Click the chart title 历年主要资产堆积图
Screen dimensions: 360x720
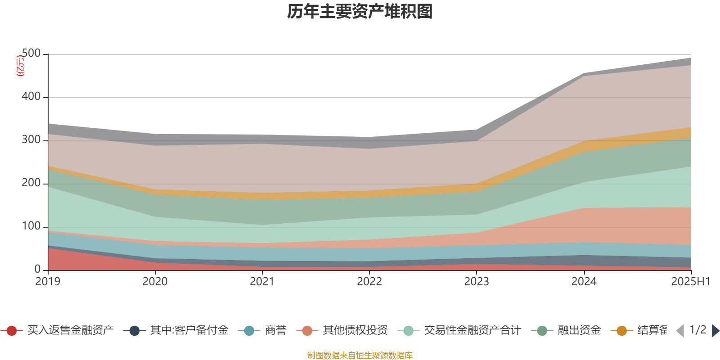pyautogui.click(x=360, y=12)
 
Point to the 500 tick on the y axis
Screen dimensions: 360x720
pyautogui.click(x=31, y=54)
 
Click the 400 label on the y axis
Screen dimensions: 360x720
pyautogui.click(x=31, y=97)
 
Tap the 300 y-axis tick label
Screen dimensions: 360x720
pyautogui.click(x=31, y=140)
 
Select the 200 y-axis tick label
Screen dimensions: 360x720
pyautogui.click(x=31, y=183)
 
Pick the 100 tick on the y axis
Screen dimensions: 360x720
pyautogui.click(x=31, y=226)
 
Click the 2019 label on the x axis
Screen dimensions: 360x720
pyautogui.click(x=48, y=282)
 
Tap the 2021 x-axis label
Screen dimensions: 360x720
pyautogui.click(x=262, y=282)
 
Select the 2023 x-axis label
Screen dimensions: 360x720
pyautogui.click(x=477, y=282)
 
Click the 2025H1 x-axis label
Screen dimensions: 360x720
pyautogui.click(x=690, y=282)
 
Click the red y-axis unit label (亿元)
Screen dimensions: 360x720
pyautogui.click(x=20, y=66)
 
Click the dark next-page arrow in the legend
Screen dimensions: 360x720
pyautogui.click(x=715, y=331)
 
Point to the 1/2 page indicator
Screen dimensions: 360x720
pyautogui.click(x=698, y=330)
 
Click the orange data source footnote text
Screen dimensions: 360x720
pyautogui.click(x=360, y=355)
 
